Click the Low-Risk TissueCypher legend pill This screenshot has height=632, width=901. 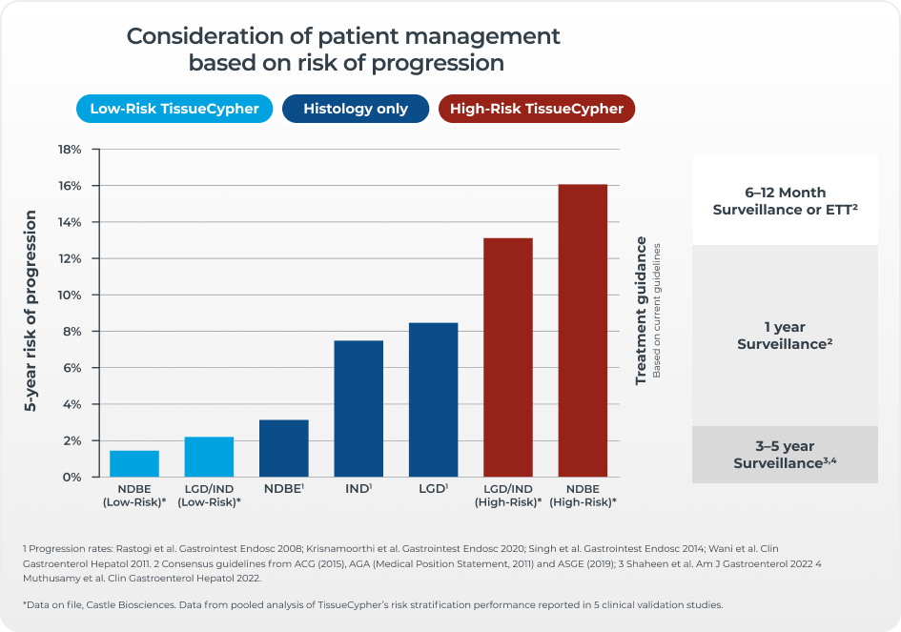click(x=174, y=109)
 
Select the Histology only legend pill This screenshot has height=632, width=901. click(x=356, y=109)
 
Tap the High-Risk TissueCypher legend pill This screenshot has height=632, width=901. click(x=537, y=109)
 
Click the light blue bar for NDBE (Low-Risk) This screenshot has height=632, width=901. click(x=134, y=463)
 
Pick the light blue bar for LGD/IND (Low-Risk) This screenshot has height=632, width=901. click(x=209, y=457)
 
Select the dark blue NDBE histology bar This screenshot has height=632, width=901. click(x=284, y=448)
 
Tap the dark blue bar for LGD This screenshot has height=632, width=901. click(x=433, y=399)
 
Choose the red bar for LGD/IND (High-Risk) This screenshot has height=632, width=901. click(x=508, y=357)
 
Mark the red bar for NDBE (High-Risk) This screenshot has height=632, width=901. click(x=583, y=330)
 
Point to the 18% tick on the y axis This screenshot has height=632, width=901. click(x=71, y=150)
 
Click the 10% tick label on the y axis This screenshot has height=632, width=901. click(x=71, y=296)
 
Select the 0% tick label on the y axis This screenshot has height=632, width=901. click(x=74, y=477)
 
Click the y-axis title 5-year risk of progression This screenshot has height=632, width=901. click(x=31, y=311)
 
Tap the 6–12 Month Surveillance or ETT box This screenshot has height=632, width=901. click(x=785, y=200)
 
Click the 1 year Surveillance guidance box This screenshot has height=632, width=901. click(x=785, y=335)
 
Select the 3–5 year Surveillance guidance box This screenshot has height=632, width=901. click(x=785, y=455)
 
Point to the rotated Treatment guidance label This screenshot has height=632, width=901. click(x=642, y=311)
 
